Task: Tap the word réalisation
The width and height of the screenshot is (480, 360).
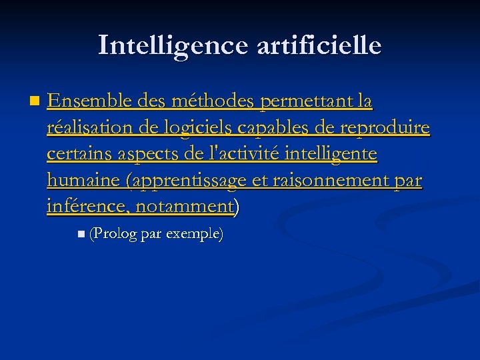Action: pyautogui.click(x=91, y=127)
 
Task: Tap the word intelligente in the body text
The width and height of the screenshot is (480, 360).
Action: pyautogui.click(x=331, y=154)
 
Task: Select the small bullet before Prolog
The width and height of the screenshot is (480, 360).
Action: pyautogui.click(x=81, y=233)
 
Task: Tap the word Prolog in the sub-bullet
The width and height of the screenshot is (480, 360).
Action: pyautogui.click(x=115, y=234)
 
